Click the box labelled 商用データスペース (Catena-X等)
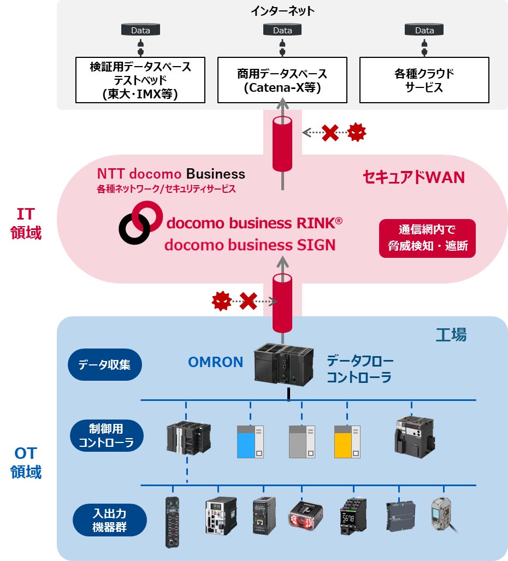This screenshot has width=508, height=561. (282, 80)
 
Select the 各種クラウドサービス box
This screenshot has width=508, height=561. (424, 80)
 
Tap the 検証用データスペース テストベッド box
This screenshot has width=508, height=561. (140, 80)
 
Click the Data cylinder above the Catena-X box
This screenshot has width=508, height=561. (282, 29)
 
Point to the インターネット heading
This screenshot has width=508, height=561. (282, 11)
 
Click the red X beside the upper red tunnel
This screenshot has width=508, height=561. (330, 133)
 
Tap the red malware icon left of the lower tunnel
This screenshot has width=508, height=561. (222, 301)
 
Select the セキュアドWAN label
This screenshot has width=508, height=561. (414, 177)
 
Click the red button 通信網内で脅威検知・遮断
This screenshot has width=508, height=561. (428, 238)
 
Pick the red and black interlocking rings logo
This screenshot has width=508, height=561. (140, 222)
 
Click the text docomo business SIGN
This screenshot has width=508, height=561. (250, 245)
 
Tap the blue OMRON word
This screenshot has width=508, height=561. (215, 362)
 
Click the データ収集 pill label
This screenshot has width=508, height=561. (105, 364)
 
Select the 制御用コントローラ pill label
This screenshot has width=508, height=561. (107, 435)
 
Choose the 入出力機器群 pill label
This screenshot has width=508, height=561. (109, 520)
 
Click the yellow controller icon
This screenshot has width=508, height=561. (347, 441)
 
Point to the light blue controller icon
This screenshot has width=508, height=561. (250, 441)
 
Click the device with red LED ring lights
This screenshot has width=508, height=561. (306, 515)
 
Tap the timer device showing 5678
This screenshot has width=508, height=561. (353, 516)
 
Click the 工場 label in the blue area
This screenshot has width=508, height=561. (451, 334)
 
